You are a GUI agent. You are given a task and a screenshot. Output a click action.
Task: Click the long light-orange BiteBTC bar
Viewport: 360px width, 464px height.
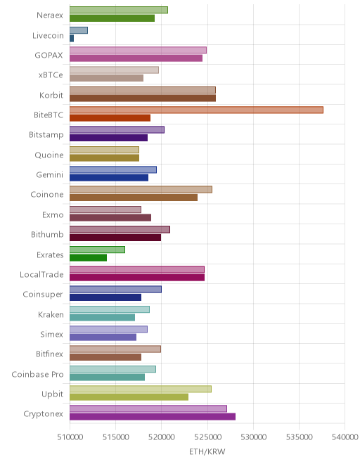point(196,110)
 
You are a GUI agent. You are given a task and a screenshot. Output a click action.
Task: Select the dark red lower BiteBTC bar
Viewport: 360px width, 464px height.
point(110,118)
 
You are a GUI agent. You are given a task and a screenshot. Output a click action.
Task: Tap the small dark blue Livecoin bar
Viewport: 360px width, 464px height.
point(72,38)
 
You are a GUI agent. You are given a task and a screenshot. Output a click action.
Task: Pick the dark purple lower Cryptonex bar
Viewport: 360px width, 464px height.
point(153,417)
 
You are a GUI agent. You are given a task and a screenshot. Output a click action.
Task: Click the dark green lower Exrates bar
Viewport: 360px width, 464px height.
point(88,257)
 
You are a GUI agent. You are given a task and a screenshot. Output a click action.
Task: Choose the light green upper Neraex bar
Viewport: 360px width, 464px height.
point(119,10)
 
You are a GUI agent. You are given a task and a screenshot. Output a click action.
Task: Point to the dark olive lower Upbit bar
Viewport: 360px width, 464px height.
point(129,397)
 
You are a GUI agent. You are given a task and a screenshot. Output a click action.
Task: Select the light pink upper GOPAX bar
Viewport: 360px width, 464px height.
point(139,50)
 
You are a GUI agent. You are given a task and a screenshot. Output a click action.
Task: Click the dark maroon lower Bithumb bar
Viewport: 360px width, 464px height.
point(115,238)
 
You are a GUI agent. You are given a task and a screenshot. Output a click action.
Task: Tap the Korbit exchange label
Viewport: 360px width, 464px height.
point(51,96)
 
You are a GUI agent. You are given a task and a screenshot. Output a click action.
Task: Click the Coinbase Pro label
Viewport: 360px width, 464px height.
point(37,374)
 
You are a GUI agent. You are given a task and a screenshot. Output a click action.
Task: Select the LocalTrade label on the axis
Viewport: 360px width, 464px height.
point(41,275)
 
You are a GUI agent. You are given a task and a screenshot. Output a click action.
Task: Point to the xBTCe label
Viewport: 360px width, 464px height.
point(51,75)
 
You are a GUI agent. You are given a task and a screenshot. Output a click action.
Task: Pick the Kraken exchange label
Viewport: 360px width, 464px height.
point(51,314)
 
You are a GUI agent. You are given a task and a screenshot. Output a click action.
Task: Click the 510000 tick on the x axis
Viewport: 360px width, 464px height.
point(70,437)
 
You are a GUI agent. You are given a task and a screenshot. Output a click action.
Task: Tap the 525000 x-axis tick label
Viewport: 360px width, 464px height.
point(207,437)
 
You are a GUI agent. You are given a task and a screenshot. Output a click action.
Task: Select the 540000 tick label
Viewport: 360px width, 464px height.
point(345,437)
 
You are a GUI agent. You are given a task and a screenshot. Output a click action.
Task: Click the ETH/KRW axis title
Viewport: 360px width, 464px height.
point(207,451)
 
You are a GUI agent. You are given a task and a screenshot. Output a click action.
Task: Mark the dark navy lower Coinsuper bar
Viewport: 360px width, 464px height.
point(105,297)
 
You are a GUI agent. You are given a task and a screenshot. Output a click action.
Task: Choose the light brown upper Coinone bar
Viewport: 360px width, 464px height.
point(141,189)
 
